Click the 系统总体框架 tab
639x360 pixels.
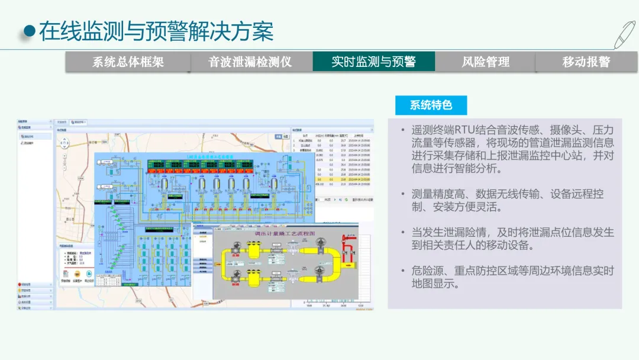(x=128, y=62)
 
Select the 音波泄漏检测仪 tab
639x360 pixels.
(x=250, y=62)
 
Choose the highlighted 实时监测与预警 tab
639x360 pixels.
(x=373, y=62)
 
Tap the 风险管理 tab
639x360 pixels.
(x=485, y=62)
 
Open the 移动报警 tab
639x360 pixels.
(x=586, y=62)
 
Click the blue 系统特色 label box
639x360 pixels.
(x=431, y=105)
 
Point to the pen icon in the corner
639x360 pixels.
(x=624, y=34)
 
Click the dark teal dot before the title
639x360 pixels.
(x=28, y=31)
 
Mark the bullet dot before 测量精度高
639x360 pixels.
(x=402, y=194)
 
